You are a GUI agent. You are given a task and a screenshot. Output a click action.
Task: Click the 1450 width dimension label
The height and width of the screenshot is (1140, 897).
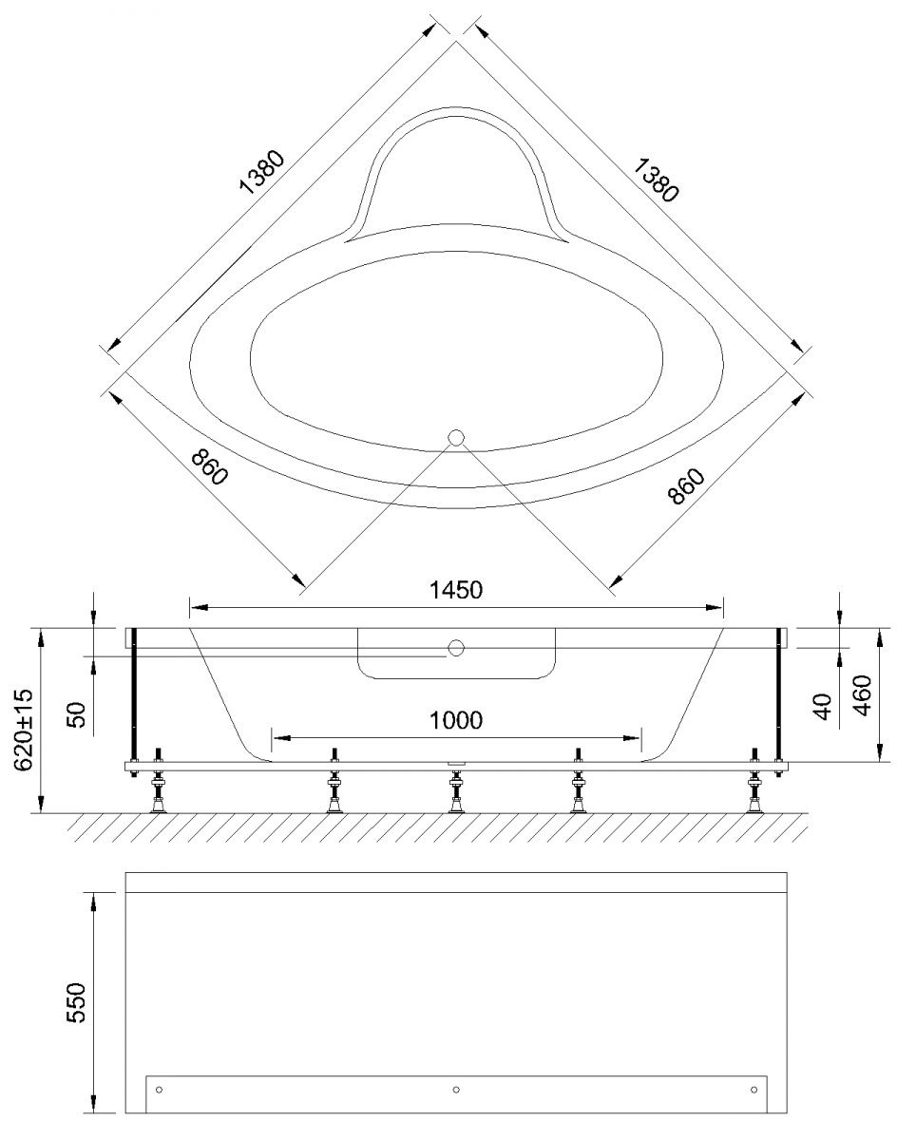coord(456,591)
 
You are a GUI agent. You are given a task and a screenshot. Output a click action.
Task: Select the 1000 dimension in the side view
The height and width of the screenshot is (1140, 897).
coord(456,721)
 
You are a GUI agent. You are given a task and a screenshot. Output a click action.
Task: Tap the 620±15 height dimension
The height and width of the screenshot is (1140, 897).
coord(23,731)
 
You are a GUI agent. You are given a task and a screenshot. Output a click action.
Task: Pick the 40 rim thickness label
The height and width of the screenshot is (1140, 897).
coord(822,707)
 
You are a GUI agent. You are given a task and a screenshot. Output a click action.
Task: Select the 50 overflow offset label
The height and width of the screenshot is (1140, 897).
coord(76,714)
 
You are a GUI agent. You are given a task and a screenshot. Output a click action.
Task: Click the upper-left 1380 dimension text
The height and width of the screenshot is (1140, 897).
coord(262,173)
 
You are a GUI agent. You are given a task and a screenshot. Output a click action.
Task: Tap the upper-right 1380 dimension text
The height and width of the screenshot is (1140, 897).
coord(656,180)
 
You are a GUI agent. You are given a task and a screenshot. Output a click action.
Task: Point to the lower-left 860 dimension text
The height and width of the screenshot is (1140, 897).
coord(209,466)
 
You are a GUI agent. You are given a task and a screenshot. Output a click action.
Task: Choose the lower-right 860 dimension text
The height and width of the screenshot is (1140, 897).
coord(686,485)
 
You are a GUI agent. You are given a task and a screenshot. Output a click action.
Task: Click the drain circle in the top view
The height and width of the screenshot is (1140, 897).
coord(456,438)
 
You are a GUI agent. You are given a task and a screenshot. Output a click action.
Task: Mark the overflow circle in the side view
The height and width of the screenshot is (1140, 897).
coord(456,648)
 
